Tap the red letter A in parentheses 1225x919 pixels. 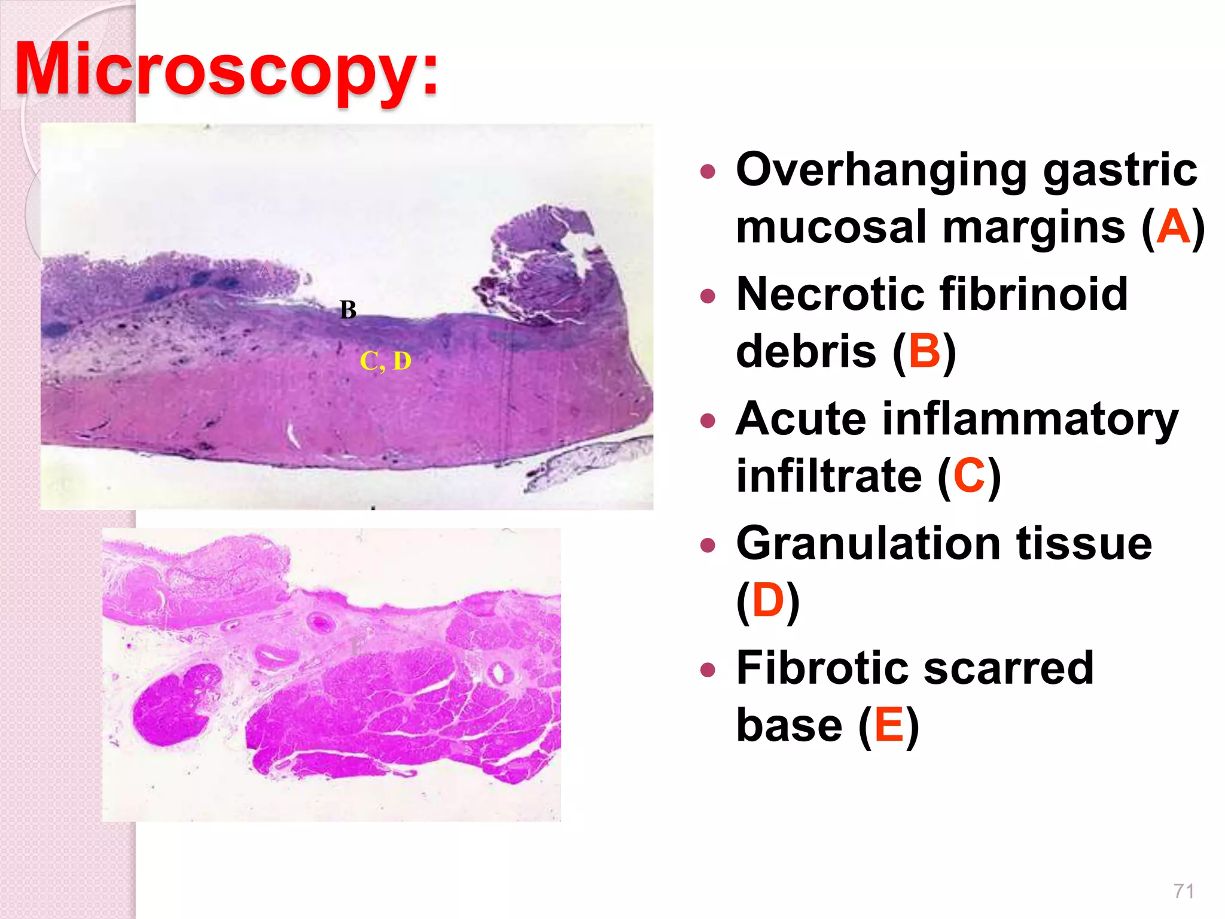1173,227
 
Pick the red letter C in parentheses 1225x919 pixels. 969,476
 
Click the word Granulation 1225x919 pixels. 867,543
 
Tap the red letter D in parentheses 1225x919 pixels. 768,601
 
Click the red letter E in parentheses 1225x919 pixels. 889,725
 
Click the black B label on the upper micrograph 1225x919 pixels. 348,310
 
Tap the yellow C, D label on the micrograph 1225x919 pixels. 385,361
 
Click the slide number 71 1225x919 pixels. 1184,891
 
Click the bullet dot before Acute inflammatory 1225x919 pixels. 708,421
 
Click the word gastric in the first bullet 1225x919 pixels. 1120,170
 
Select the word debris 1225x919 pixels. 806,352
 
